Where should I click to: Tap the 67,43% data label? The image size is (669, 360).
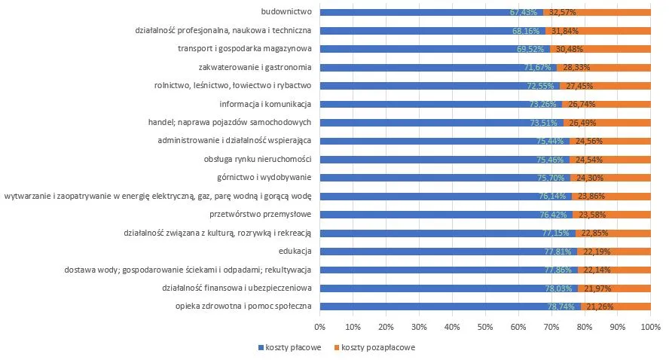[524, 13]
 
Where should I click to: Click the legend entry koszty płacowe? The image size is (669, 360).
[290, 347]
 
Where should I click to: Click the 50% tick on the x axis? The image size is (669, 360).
[485, 326]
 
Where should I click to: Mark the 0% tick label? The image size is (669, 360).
[319, 326]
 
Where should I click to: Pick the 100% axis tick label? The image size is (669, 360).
[650, 326]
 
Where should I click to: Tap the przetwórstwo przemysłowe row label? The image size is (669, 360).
[265, 215]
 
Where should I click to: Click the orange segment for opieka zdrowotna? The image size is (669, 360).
[625, 307]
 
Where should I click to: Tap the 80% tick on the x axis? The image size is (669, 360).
[585, 326]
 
